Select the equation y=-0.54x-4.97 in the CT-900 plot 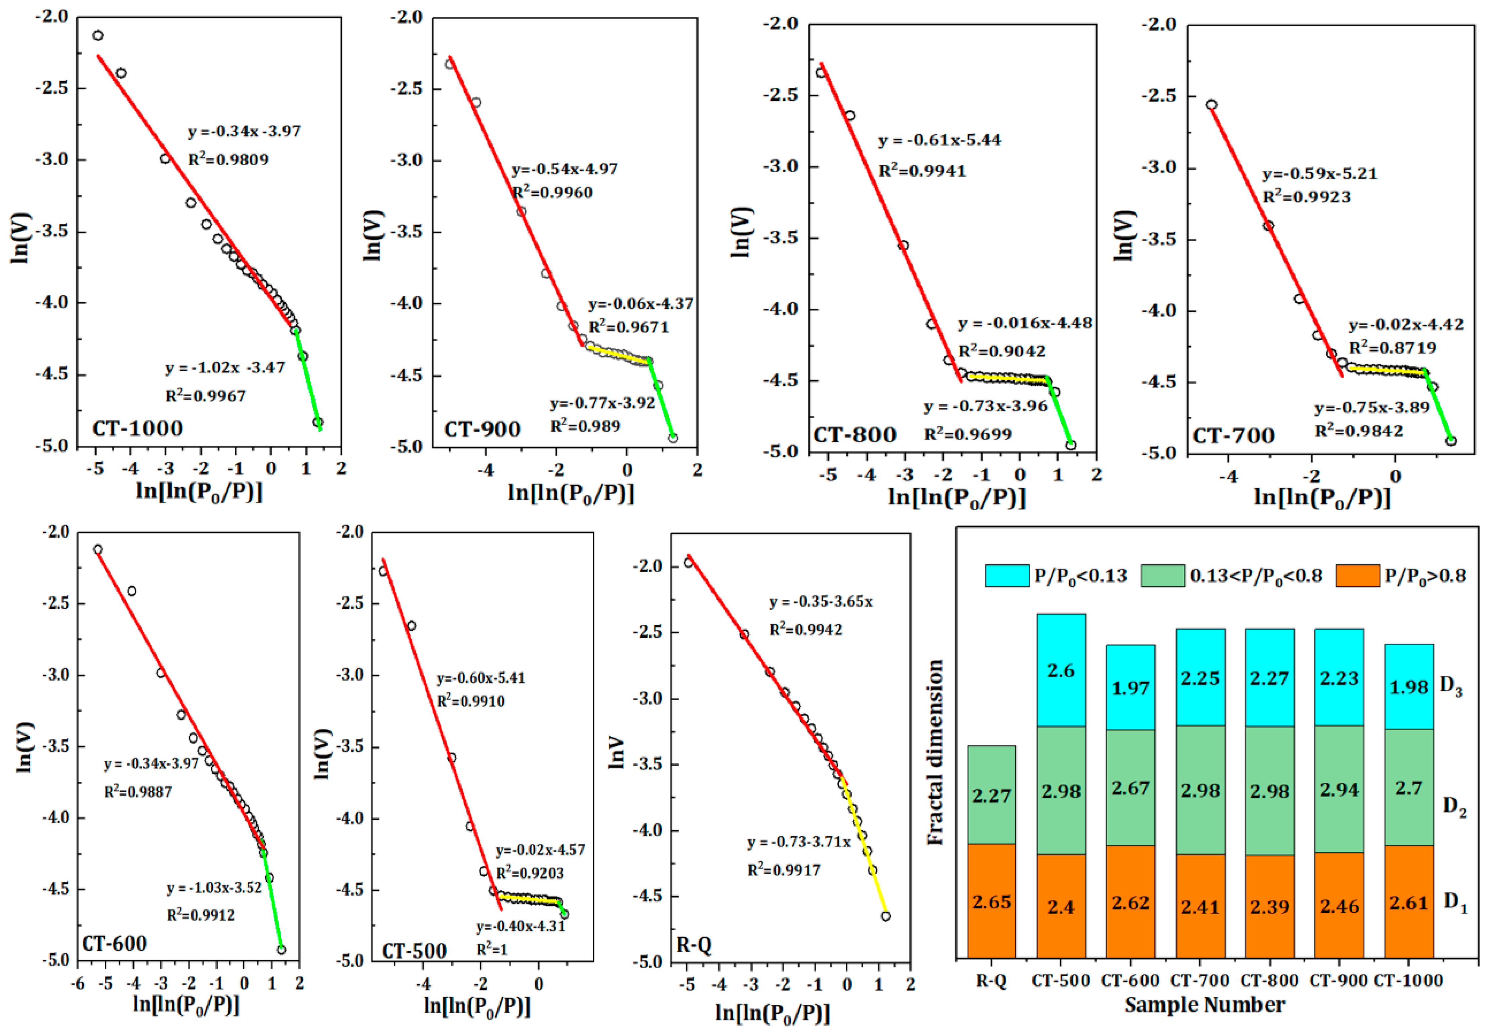pos(565,169)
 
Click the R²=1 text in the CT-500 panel pos(492,949)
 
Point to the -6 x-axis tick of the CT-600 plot pos(78,984)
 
